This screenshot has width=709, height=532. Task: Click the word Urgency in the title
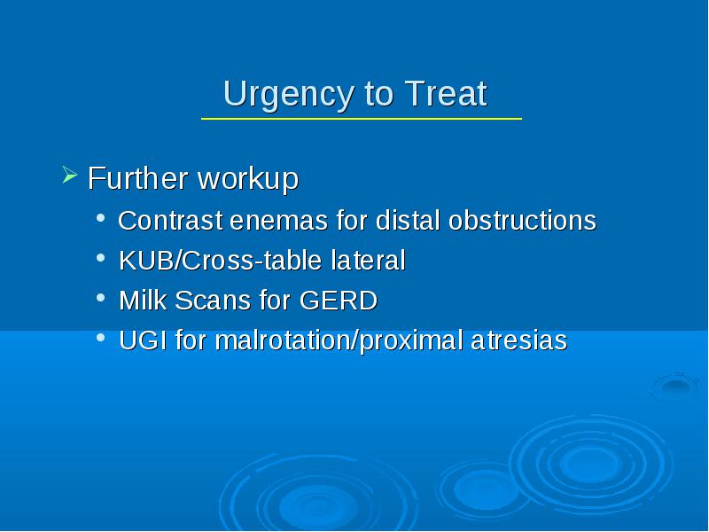point(288,95)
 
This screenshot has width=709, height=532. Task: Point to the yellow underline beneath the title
point(362,119)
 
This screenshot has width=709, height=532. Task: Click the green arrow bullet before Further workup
point(70,175)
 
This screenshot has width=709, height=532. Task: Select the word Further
point(138,178)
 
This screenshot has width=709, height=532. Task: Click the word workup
point(248,179)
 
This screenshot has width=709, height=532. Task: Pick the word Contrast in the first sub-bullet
point(170,221)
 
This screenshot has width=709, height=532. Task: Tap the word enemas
point(278,222)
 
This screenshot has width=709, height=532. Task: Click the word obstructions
point(522,221)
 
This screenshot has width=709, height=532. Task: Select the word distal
point(408,221)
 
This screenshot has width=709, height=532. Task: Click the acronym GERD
point(339,301)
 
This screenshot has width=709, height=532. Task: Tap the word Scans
point(213,301)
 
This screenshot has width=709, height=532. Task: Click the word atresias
point(519,340)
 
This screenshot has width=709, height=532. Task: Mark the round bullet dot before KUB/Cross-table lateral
point(101,258)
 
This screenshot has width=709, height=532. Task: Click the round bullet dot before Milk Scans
point(101,298)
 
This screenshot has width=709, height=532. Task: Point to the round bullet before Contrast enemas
point(101,218)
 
